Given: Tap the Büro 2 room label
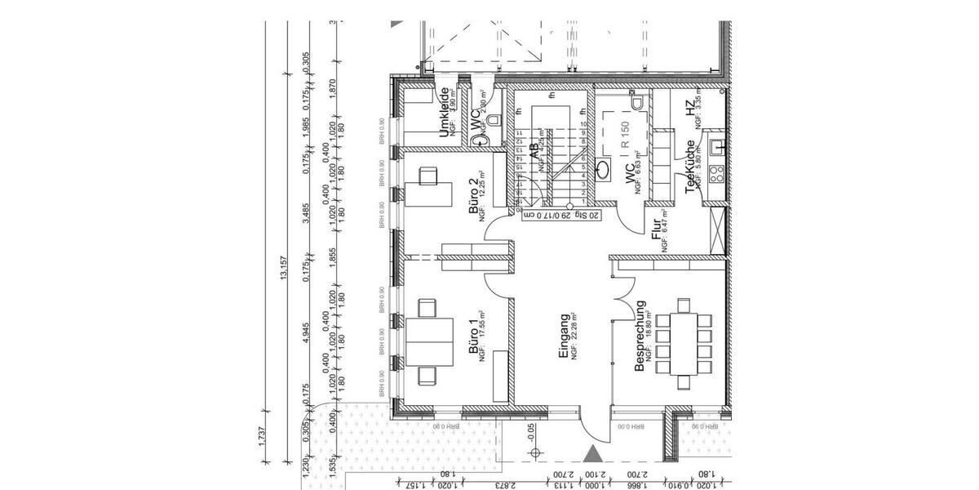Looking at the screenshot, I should point(473,196).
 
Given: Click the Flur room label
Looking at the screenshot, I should point(656,233).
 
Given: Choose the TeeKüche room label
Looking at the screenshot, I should point(689,167).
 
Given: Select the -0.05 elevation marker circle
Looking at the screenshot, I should point(534,452).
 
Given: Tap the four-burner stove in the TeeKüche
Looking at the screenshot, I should point(717,174).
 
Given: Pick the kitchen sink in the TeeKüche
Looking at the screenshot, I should point(718,147).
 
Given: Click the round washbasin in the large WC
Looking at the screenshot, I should point(603,170).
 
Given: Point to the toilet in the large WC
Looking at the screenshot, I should point(638,102).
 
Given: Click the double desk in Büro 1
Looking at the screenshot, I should point(430,341).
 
